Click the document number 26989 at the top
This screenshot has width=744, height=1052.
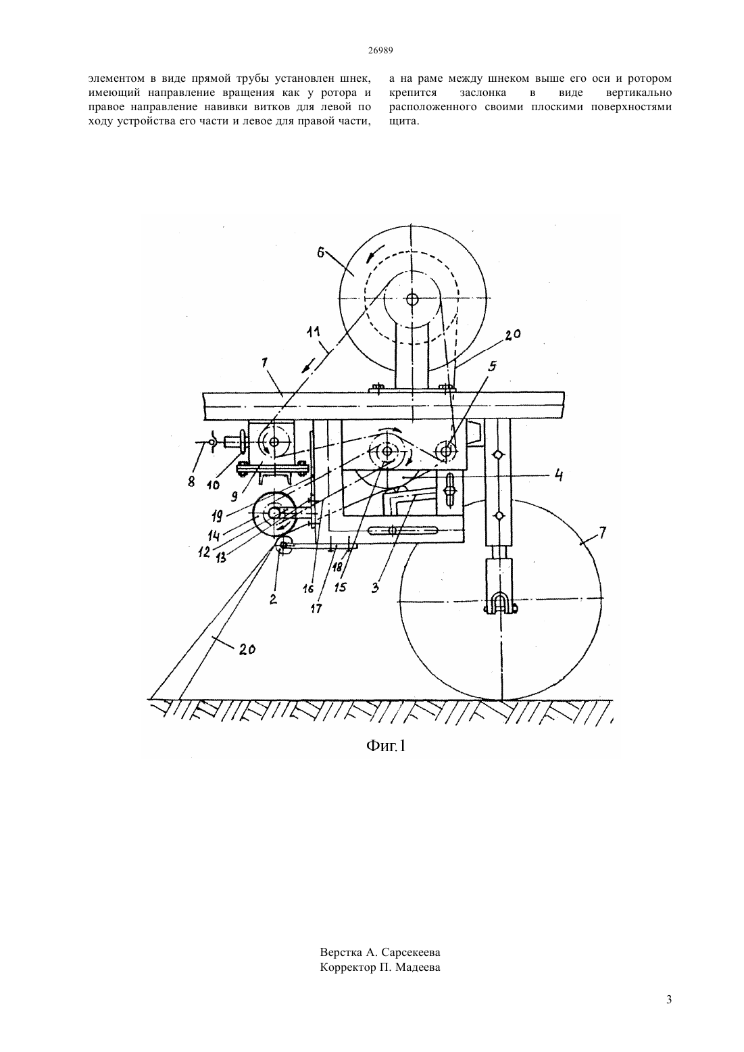pos(380,51)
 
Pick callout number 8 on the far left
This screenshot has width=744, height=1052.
pos(191,482)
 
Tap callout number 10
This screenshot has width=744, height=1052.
pos(214,485)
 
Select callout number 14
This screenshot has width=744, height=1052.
pos(214,535)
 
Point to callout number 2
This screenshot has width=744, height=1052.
pos(273,599)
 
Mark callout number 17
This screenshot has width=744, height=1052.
pos(316,608)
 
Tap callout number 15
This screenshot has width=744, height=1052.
pos(341,587)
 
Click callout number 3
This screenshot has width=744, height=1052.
pos(375,588)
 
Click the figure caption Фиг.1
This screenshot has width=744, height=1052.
pos(385,745)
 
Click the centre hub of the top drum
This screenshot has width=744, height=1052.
pos(412,299)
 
